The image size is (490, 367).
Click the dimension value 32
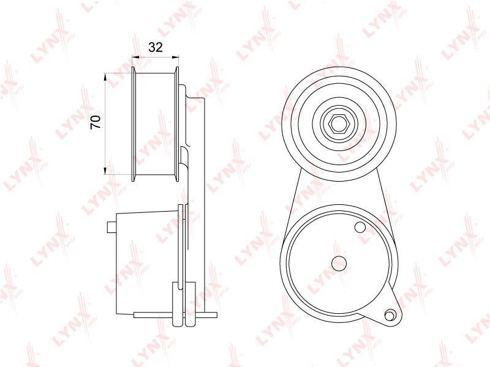[x=156, y=48]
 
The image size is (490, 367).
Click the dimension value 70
[x=96, y=122]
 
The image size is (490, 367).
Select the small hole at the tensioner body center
[x=339, y=264]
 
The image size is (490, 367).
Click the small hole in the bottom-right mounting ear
[x=390, y=315]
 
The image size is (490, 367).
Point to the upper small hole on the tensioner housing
[x=360, y=227]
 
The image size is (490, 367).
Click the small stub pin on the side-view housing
[x=111, y=227]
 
